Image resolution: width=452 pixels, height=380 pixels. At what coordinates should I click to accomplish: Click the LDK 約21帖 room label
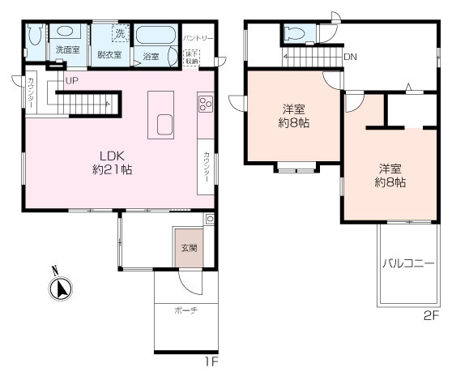(113, 163)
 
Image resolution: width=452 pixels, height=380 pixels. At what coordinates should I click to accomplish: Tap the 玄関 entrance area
(189, 248)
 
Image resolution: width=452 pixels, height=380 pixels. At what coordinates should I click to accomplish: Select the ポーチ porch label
(186, 310)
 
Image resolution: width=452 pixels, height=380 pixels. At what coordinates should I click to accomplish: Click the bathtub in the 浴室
(156, 36)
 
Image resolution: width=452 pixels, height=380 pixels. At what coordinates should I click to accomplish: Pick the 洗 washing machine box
(121, 34)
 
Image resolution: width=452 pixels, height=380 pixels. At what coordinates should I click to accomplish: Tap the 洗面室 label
(68, 49)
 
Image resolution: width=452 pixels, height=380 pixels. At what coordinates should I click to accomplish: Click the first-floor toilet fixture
(36, 35)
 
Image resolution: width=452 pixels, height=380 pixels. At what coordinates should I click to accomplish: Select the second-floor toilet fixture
(294, 34)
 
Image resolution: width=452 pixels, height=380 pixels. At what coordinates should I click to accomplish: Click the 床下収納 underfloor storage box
(192, 58)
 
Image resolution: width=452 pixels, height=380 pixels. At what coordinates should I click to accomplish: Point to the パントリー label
(198, 38)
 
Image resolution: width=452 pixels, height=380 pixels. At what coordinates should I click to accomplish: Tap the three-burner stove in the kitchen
(206, 104)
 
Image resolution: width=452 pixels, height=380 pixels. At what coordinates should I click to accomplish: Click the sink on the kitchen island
(165, 125)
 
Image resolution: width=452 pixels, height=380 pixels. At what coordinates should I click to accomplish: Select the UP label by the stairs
(72, 81)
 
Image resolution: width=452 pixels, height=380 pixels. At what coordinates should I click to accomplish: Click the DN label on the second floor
(351, 57)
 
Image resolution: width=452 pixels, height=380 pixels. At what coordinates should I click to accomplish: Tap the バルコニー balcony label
(408, 263)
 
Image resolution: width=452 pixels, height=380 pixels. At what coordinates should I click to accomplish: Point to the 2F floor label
(431, 316)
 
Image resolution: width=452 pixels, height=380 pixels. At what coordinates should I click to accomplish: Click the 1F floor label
(211, 361)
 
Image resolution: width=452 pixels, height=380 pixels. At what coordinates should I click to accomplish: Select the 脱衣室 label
(109, 54)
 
